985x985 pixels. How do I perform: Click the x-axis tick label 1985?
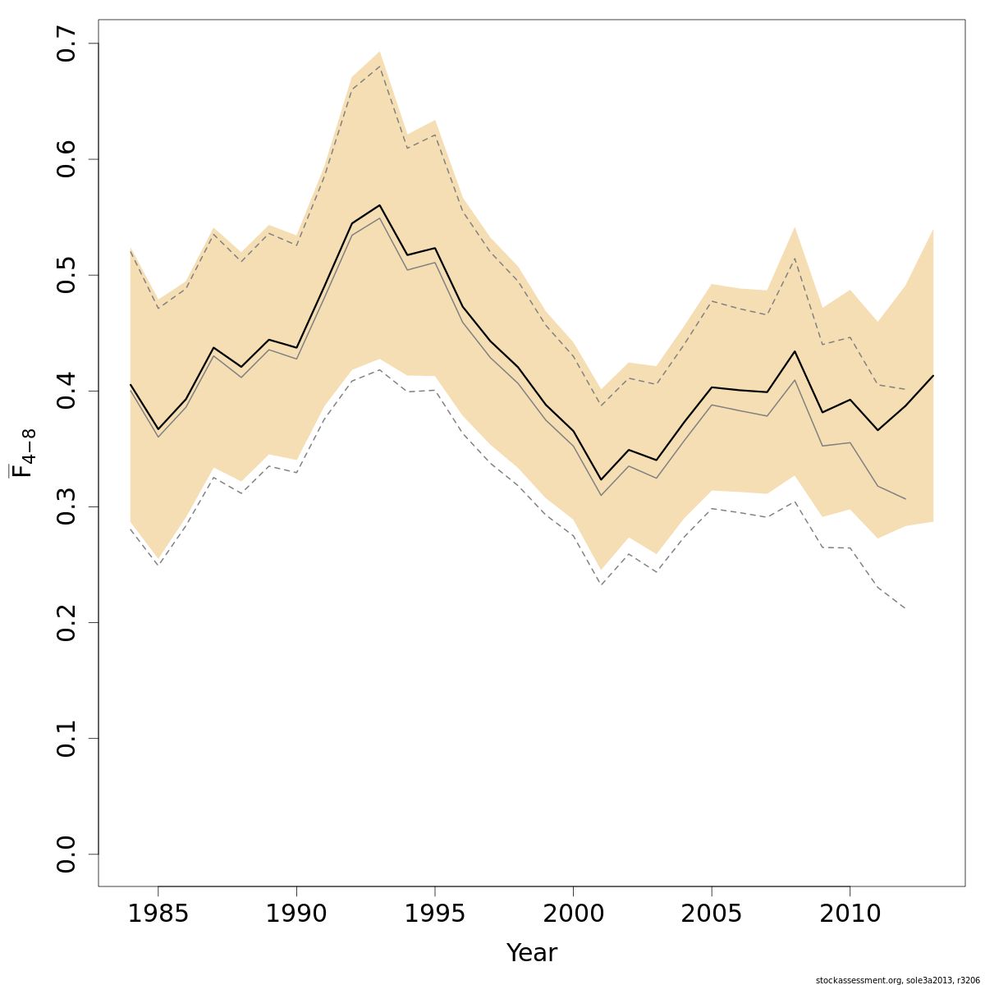[158, 913]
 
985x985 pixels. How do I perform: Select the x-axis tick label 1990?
[296, 913]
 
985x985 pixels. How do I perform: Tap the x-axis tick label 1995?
[434, 913]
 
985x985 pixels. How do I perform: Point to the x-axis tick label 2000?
[573, 913]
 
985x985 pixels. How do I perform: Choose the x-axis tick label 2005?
[711, 913]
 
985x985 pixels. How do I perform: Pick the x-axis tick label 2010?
[849, 913]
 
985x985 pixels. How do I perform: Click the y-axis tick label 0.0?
[66, 854]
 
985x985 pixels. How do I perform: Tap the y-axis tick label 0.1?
[66, 738]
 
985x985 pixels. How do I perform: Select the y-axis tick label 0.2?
[66, 622]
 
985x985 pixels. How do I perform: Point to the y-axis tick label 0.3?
[66, 506]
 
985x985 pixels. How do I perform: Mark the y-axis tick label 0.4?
[66, 391]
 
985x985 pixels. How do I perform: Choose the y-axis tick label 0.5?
[66, 275]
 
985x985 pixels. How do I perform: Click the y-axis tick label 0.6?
[66, 159]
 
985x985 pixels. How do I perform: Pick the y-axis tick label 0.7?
[66, 44]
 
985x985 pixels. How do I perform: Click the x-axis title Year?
[531, 953]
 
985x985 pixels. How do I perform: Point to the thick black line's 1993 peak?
[379, 205]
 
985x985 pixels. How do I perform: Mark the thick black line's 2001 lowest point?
[601, 479]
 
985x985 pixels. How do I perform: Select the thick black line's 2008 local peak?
[794, 351]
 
